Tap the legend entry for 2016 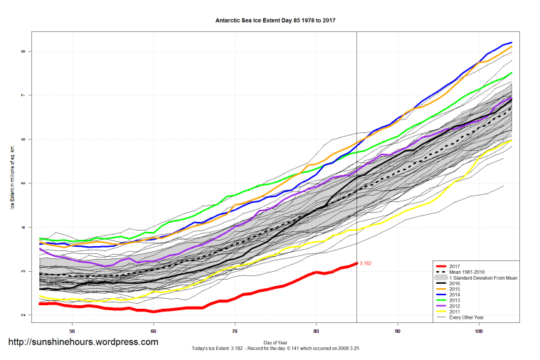pyautogui.click(x=456, y=282)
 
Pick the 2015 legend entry pyautogui.click(x=456, y=288)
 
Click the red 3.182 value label pyautogui.click(x=366, y=263)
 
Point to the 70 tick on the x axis pyautogui.click(x=235, y=331)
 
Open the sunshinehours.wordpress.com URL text pyautogui.click(x=83, y=342)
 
